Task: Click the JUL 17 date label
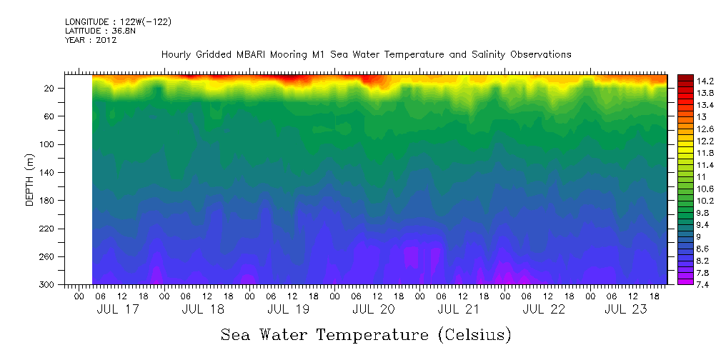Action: point(118,309)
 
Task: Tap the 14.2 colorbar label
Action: point(686,81)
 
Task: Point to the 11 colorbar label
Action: point(681,176)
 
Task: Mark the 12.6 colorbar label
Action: point(686,129)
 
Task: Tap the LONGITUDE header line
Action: point(118,22)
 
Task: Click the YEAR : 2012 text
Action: point(91,40)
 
